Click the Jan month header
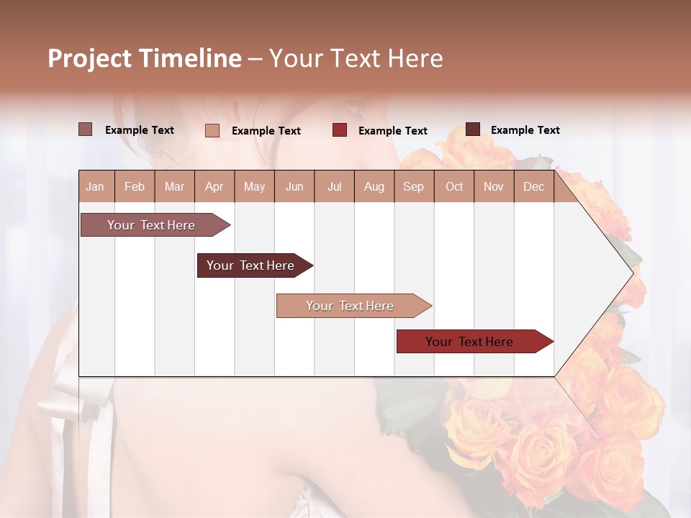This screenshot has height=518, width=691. pos(95,186)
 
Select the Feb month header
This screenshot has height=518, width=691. pos(135,186)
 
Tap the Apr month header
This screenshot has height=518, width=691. pos(214,186)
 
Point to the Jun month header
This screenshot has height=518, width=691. pos(294,186)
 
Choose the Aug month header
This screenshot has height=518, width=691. pos(374,186)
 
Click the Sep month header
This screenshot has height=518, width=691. pos(413,186)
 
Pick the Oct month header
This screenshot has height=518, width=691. pos(454,186)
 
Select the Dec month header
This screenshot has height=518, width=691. pos(533,186)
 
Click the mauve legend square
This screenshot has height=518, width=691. pos(86,129)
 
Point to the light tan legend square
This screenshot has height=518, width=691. pos(212,130)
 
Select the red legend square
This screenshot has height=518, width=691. pos(340,130)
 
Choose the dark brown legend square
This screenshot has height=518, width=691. pos(473,129)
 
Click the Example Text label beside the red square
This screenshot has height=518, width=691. pos(392,131)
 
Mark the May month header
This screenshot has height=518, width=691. pos(254,186)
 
